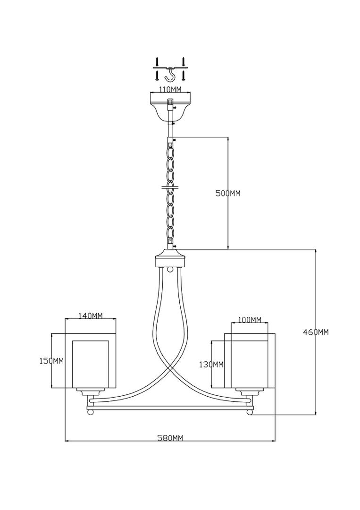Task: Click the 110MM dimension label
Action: click(x=170, y=89)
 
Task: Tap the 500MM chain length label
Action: click(x=228, y=193)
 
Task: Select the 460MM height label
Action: click(x=316, y=332)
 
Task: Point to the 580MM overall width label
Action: click(x=170, y=438)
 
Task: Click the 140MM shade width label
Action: click(x=90, y=315)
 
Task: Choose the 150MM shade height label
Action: click(x=50, y=361)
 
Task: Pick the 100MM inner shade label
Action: click(x=250, y=320)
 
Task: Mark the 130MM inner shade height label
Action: click(x=212, y=364)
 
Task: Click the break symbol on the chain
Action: click(x=170, y=187)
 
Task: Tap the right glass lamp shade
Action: click(x=250, y=361)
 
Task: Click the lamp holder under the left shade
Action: click(x=91, y=392)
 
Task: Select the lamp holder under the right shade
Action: click(x=250, y=392)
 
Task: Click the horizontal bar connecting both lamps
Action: click(x=170, y=406)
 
